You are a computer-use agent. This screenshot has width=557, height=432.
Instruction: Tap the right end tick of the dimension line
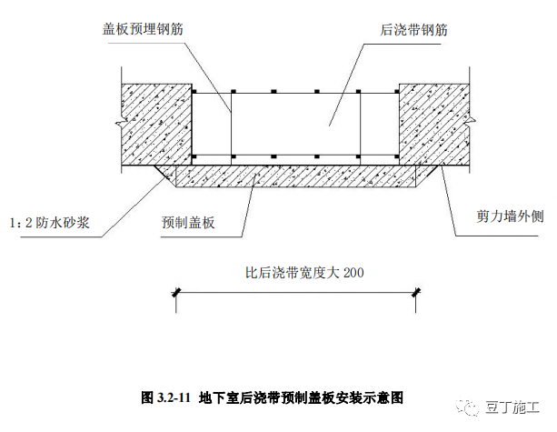pyautogui.click(x=416, y=292)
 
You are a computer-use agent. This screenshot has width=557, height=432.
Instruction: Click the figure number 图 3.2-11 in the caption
pyautogui.click(x=165, y=397)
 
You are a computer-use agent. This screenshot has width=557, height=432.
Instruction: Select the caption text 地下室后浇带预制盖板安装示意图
pyautogui.click(x=300, y=397)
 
